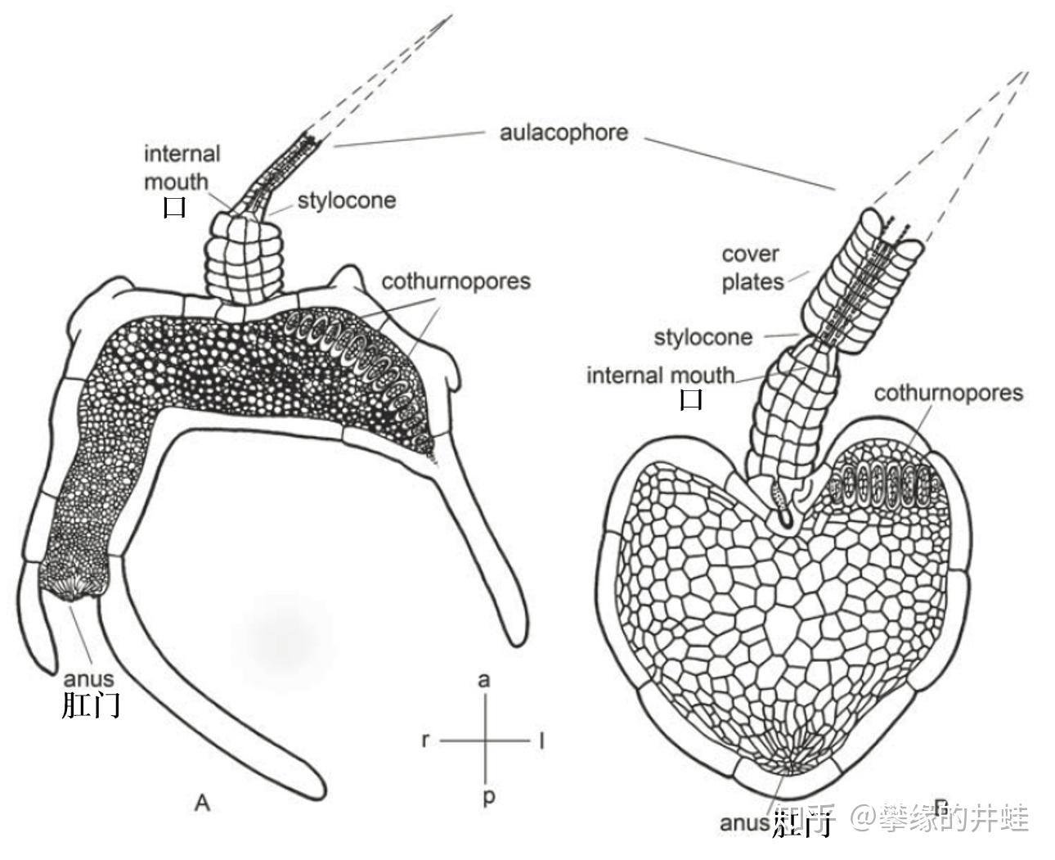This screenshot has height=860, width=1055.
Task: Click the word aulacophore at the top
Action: (x=563, y=133)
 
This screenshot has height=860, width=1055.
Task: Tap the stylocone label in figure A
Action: (x=346, y=200)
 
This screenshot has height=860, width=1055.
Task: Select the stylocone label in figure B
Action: (x=703, y=336)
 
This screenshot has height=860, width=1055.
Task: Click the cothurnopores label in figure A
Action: (x=456, y=281)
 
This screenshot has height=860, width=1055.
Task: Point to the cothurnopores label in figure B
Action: (x=948, y=393)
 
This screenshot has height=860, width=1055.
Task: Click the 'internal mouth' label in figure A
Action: (x=182, y=167)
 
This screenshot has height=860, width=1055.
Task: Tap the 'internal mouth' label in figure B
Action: (x=660, y=376)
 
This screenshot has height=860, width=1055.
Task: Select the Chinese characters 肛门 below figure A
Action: (x=91, y=705)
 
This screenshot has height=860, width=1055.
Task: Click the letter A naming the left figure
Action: (x=202, y=803)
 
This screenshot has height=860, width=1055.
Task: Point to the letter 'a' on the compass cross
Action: (x=485, y=680)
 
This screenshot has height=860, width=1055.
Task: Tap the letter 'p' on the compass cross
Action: (x=487, y=796)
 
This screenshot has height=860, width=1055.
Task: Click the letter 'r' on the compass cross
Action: (x=424, y=741)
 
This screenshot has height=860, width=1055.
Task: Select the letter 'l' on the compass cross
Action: (x=541, y=741)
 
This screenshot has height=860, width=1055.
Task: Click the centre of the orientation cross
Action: (x=487, y=741)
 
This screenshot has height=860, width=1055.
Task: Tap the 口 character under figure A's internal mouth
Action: (x=175, y=207)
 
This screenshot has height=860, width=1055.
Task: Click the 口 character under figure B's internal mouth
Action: (x=691, y=400)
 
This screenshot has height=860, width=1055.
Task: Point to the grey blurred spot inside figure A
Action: (x=282, y=634)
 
